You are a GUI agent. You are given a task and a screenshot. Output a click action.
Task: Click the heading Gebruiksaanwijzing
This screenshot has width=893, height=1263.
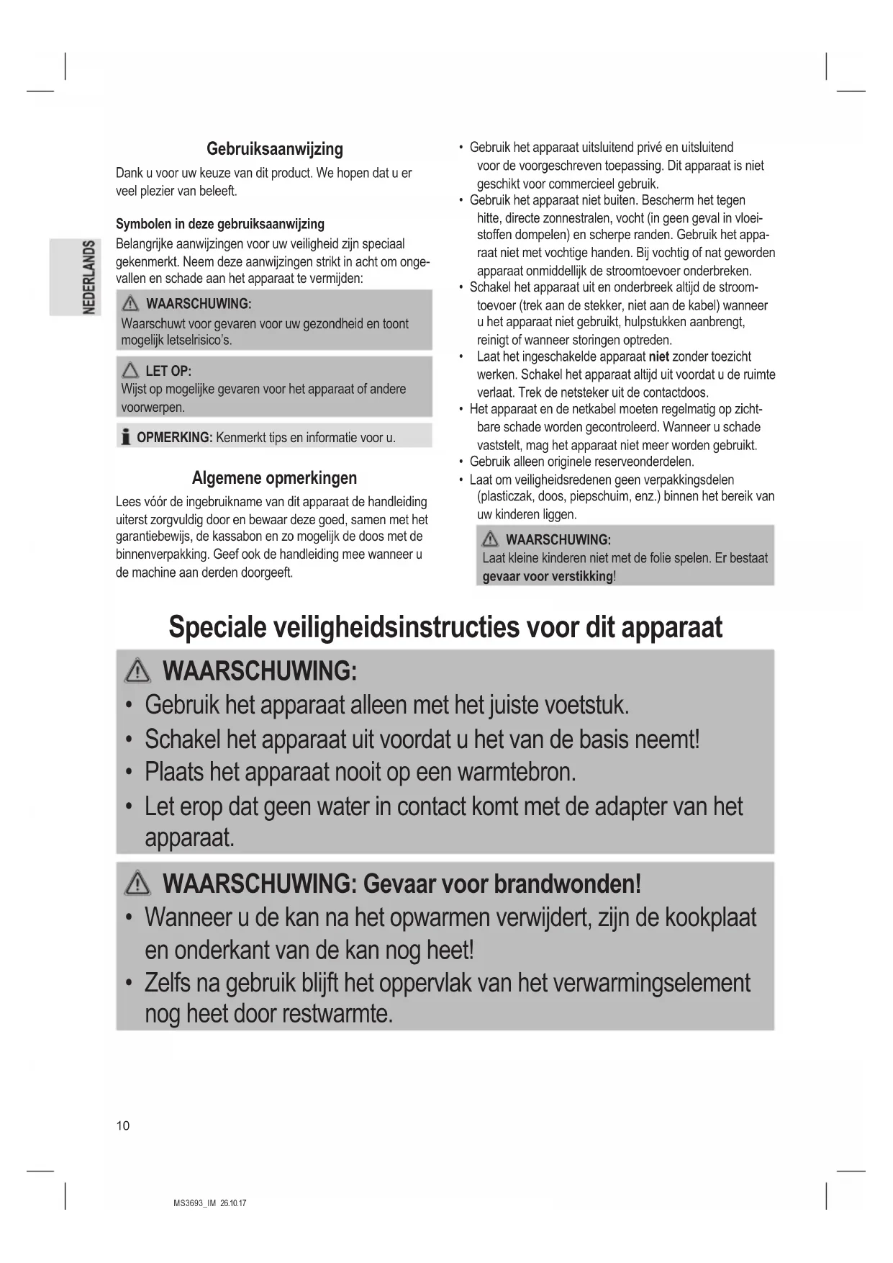click(274, 149)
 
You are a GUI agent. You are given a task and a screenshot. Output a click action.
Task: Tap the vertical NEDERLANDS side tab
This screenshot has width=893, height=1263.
click(89, 277)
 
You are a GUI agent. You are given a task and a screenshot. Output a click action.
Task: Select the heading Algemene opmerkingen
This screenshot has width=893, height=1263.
click(274, 478)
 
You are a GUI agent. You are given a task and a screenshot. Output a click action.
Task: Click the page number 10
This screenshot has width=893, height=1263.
click(123, 1126)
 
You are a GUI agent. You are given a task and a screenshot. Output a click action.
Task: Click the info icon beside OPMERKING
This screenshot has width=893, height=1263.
click(126, 437)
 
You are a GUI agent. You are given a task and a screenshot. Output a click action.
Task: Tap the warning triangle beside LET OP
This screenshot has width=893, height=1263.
click(131, 371)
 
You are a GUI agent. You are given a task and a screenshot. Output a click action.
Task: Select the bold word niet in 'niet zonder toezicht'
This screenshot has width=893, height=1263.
click(658, 356)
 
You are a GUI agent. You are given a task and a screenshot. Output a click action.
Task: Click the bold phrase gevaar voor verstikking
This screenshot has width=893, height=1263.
click(548, 577)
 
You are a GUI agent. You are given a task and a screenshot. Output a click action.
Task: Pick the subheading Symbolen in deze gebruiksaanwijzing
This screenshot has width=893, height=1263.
click(220, 224)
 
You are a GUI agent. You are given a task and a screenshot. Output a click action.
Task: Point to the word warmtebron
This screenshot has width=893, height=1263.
click(516, 772)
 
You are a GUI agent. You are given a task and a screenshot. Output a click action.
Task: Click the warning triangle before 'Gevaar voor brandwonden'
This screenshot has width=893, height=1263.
click(137, 884)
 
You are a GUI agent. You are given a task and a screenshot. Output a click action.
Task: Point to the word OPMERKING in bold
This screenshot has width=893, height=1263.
click(174, 438)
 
